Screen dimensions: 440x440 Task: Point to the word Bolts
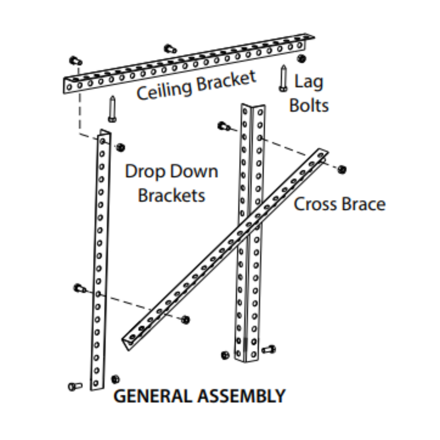pos(309,106)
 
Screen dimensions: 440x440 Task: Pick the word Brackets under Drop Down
pos(171,195)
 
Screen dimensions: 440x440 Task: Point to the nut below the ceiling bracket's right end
pos(301,58)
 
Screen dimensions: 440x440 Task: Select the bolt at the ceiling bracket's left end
pos(75,61)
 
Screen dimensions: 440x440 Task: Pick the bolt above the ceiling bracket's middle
pos(170,49)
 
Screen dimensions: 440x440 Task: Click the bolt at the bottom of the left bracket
pos(75,386)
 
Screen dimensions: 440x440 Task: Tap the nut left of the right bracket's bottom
pos(225,355)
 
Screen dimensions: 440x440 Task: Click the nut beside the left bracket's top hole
pos(121,147)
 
